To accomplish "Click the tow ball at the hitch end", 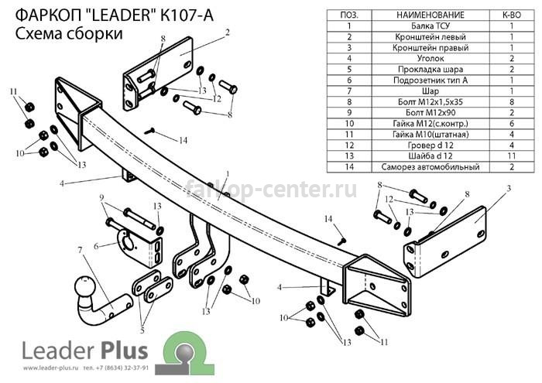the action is coord(84,286).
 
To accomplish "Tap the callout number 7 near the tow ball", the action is coord(81,249).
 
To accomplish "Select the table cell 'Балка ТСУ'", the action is coord(431,26).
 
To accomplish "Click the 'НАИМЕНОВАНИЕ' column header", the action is coord(431,15).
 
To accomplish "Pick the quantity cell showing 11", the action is coord(512,156).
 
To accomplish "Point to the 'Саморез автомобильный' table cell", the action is coord(431,167).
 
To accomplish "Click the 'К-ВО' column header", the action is coord(512,15).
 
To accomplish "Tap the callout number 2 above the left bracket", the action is coord(227,32).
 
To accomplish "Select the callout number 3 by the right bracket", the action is coord(509,189).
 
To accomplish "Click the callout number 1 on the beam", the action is coord(228,173).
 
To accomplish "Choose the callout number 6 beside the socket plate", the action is coord(96,246).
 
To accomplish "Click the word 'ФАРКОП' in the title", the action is coord(48,15).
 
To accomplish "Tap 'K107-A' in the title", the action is coord(187,15).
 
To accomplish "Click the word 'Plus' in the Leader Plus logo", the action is coord(125,351).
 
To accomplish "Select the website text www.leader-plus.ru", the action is coord(51,368).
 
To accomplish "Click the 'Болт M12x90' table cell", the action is coord(431,113).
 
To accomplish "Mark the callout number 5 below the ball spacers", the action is coord(142,330).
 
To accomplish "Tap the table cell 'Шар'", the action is coord(431,91).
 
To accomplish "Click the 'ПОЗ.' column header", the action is coord(349,15).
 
